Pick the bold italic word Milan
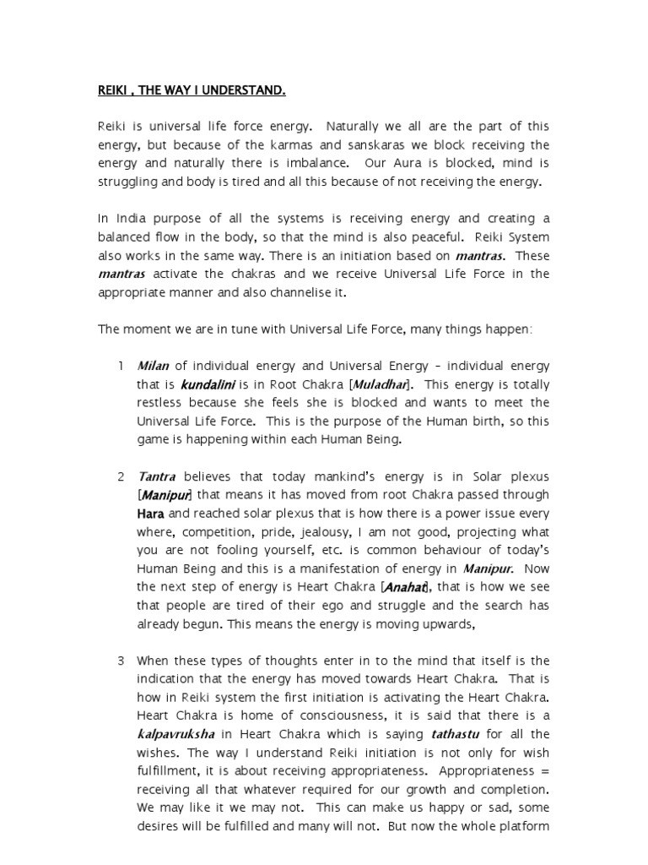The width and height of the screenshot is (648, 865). (x=154, y=365)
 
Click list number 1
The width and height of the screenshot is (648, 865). (x=121, y=365)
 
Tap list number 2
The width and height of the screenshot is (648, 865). (x=121, y=476)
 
